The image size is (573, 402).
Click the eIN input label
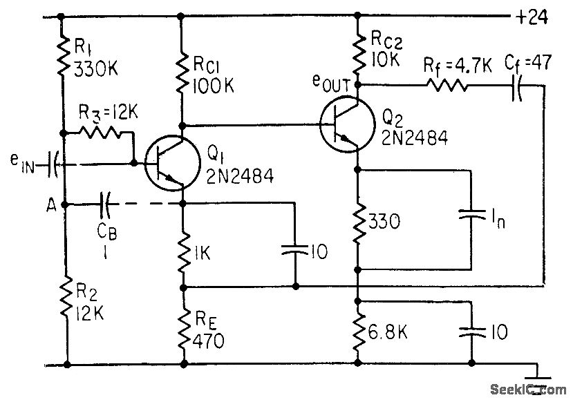(21, 165)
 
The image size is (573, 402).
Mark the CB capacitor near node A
(105, 204)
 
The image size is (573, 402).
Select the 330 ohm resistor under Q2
(358, 221)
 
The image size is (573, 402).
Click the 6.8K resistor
(358, 334)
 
